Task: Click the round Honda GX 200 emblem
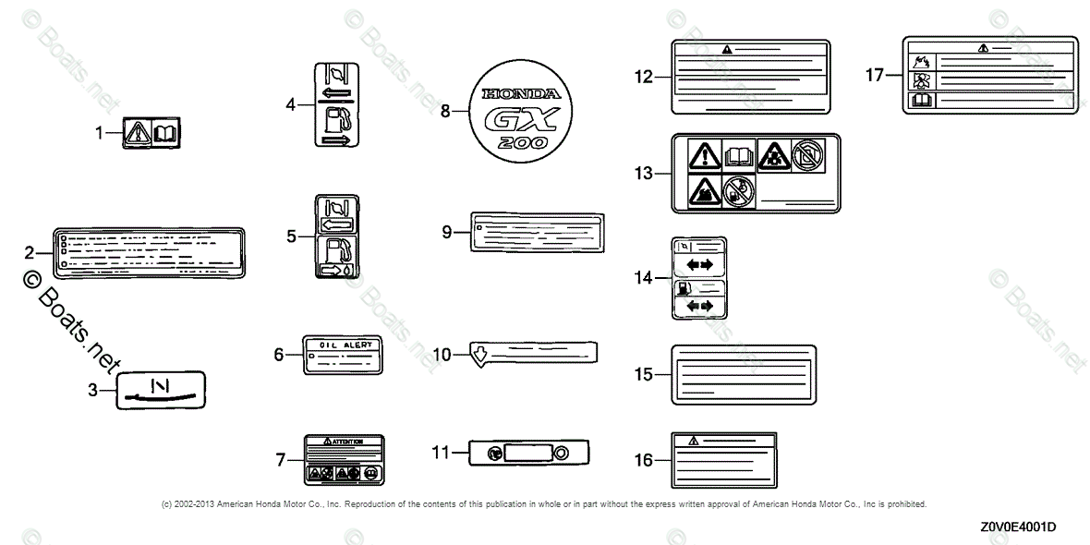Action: [514, 110]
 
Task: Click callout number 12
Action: [644, 78]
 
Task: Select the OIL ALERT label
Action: [343, 354]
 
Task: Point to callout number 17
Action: [875, 75]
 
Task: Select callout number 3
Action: [92, 391]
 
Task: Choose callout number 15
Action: [644, 374]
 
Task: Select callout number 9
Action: [447, 232]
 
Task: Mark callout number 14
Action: [644, 277]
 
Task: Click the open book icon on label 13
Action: [739, 154]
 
